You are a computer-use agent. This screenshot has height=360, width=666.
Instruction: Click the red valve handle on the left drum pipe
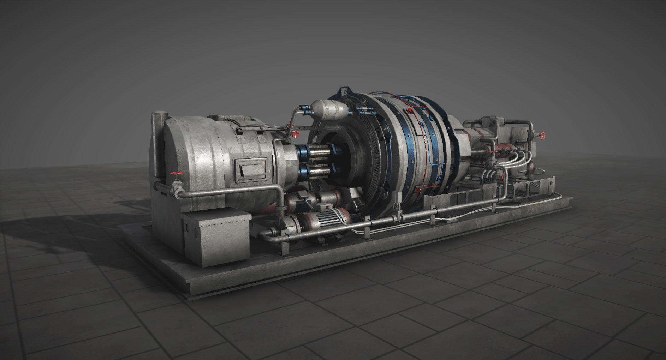[x=176, y=173]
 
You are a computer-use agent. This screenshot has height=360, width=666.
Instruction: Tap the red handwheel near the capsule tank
[x=297, y=134]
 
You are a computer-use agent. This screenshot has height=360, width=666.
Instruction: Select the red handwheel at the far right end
[x=543, y=135]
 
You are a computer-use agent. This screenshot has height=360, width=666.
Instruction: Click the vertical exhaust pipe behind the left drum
[x=157, y=141]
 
